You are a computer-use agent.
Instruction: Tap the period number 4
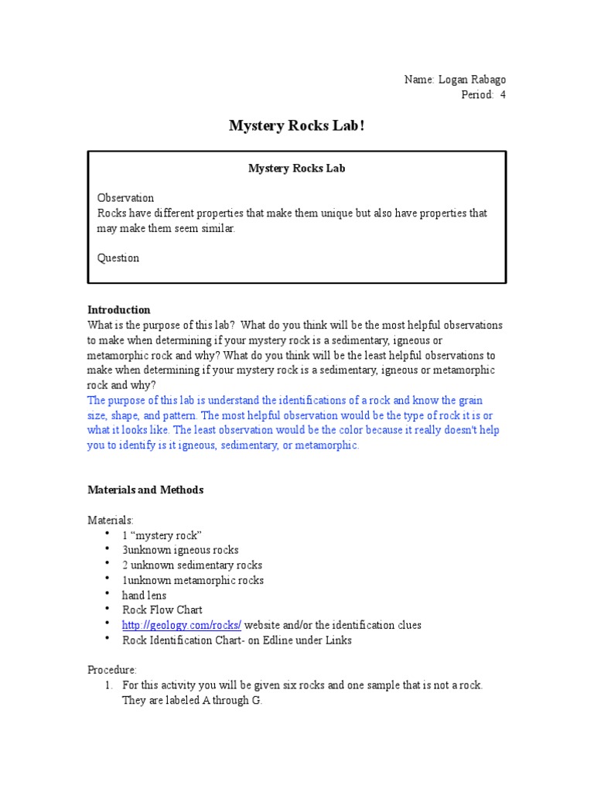pos(503,95)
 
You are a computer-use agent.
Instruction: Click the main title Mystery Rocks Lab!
pos(296,126)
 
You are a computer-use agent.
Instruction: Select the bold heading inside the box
pos(296,168)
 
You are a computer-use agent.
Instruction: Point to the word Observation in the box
pos(125,198)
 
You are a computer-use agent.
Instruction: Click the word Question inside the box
pos(118,258)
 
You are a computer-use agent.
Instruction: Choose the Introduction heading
pos(119,310)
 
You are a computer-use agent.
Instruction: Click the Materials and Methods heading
pos(145,490)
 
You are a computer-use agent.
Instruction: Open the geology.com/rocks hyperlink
pos(182,625)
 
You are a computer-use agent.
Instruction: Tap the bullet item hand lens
pos(144,596)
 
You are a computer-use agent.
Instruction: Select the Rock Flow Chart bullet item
pos(162,610)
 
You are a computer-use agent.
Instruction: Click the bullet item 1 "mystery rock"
pos(162,535)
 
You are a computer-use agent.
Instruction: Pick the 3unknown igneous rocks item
pos(180,551)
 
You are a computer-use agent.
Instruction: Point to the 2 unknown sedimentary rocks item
pos(192,565)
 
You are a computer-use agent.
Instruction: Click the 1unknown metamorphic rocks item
pos(193,580)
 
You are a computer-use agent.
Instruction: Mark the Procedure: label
pos(112,670)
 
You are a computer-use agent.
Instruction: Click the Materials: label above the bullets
pos(111,521)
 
